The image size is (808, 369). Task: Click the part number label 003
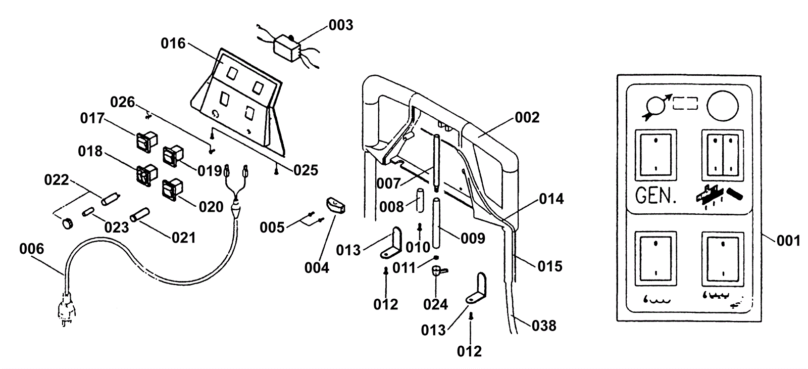pyautogui.click(x=341, y=25)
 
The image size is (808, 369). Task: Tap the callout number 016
pyautogui.click(x=173, y=43)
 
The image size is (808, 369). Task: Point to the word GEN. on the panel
pyautogui.click(x=656, y=196)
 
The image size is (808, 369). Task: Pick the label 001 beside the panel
pyautogui.click(x=788, y=241)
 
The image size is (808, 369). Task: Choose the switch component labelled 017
pyautogui.click(x=144, y=141)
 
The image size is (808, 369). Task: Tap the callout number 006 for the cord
pyautogui.click(x=31, y=249)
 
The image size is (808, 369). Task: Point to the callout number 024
pyautogui.click(x=436, y=304)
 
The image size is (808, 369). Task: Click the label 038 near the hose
pyautogui.click(x=544, y=326)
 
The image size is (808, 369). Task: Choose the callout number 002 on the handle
pyautogui.click(x=527, y=117)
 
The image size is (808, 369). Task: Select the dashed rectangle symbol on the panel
pyautogui.click(x=685, y=104)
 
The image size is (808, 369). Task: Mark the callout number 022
pyautogui.click(x=56, y=180)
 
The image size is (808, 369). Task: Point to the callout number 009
pyautogui.click(x=473, y=238)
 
